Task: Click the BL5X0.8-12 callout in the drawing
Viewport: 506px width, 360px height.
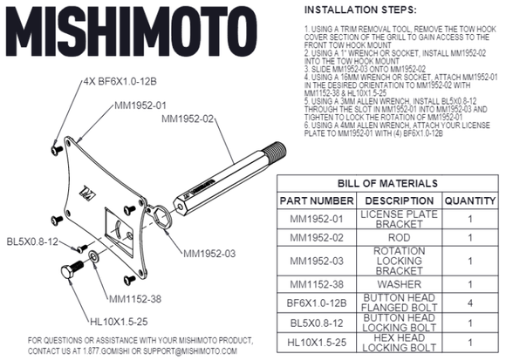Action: [31, 239]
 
